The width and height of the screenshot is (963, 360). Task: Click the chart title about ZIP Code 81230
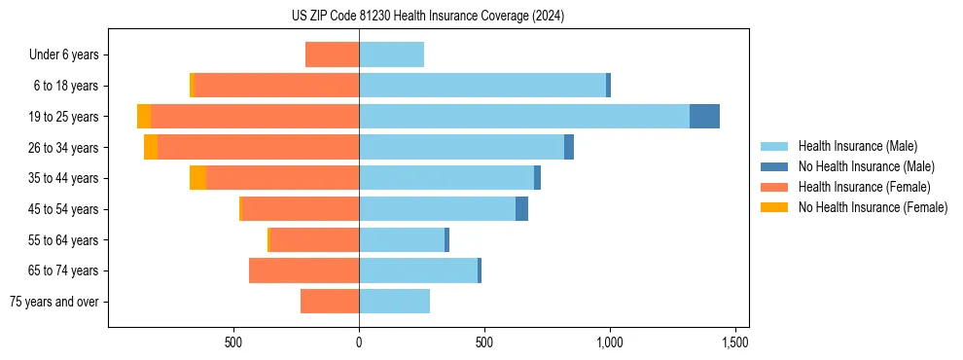click(x=428, y=17)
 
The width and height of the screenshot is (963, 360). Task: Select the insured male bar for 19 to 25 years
click(x=524, y=117)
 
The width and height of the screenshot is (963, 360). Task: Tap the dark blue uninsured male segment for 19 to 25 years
click(x=704, y=117)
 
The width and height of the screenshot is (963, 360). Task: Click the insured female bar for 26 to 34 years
click(x=258, y=147)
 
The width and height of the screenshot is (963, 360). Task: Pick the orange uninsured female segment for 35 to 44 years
click(x=197, y=178)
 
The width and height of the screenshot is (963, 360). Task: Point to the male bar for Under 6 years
click(x=391, y=54)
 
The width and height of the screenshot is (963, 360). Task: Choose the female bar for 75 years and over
click(x=330, y=302)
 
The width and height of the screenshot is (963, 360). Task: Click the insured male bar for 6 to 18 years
click(x=482, y=86)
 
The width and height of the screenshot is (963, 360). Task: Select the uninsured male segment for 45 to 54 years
click(x=521, y=209)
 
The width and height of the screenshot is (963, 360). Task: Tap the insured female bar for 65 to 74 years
click(x=303, y=270)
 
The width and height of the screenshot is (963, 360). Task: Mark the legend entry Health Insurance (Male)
click(x=857, y=146)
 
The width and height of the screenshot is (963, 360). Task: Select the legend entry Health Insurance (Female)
click(x=864, y=187)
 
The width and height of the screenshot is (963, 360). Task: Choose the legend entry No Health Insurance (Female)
click(x=873, y=207)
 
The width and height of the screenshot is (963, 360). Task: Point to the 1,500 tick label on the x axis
click(x=734, y=342)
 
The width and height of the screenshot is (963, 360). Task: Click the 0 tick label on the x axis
click(x=359, y=342)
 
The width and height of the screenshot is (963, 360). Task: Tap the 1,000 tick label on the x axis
click(x=609, y=342)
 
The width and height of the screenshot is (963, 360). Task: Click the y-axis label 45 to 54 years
click(x=62, y=209)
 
